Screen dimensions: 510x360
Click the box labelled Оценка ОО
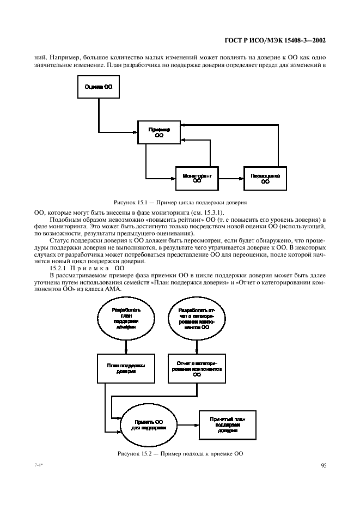[x=98, y=88]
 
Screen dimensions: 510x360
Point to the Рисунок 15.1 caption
[x=180, y=202]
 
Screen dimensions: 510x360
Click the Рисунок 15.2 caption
[x=180, y=453]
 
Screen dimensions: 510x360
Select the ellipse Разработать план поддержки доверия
[x=126, y=320]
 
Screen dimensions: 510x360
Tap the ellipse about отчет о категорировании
[x=197, y=320]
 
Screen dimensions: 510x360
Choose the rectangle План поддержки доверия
[x=126, y=369]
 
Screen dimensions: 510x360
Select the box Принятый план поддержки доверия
[x=227, y=423]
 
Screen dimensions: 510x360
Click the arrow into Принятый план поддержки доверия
[x=188, y=423]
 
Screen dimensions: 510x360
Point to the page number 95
[x=323, y=465]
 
